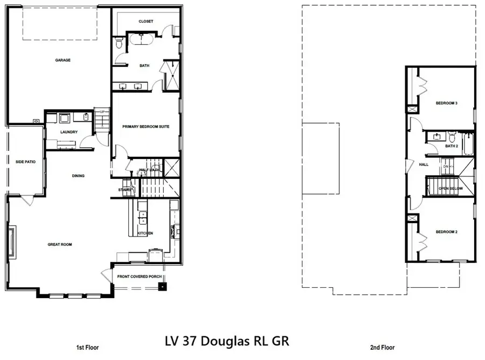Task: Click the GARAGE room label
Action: coord(63,60)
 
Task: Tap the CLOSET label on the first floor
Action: coord(145,22)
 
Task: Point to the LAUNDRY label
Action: coord(69,132)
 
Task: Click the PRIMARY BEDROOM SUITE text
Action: coord(146,126)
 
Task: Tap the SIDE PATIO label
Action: coord(25,161)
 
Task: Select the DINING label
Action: coord(79,176)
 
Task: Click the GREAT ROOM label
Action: coord(59,244)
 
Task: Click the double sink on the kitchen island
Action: coord(143,218)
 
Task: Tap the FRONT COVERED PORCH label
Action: coord(140,277)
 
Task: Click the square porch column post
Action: coord(161,286)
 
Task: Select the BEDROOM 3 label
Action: coord(446,103)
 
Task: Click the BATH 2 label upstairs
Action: coord(452,146)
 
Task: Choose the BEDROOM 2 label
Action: coord(446,232)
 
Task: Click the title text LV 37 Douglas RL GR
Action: coord(226,341)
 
